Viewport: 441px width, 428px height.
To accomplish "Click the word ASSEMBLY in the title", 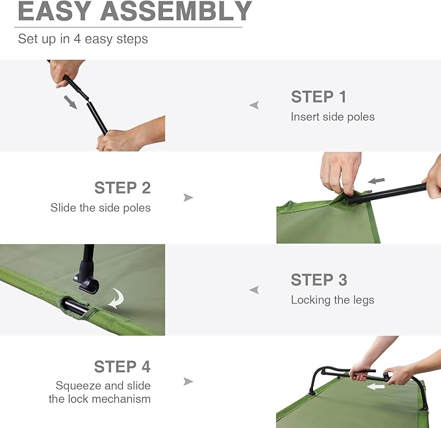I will pos(177,11).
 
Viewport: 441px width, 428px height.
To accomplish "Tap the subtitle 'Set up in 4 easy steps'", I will pos(82,39).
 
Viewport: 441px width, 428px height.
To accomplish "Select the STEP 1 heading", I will pos(318,97).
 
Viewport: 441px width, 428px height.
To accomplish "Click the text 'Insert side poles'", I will pos(333,117).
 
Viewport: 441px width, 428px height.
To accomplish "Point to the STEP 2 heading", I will pos(122,188).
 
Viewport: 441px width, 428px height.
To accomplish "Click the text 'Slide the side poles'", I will pos(101,208).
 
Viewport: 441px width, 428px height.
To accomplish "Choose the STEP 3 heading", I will pos(318,280).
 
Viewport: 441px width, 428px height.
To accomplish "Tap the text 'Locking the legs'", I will pos(333,300).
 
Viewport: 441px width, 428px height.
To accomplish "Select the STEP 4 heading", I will pos(122,367).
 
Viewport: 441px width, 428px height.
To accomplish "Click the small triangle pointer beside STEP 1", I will pos(254,105).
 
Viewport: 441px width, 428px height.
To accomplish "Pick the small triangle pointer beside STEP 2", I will pos(188,197).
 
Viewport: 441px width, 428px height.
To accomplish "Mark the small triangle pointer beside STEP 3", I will pos(254,290).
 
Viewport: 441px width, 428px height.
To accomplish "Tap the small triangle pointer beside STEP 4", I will pos(188,381).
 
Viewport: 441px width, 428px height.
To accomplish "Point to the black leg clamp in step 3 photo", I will pos(86,278).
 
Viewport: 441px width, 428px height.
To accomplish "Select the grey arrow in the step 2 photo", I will pos(376,181).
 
